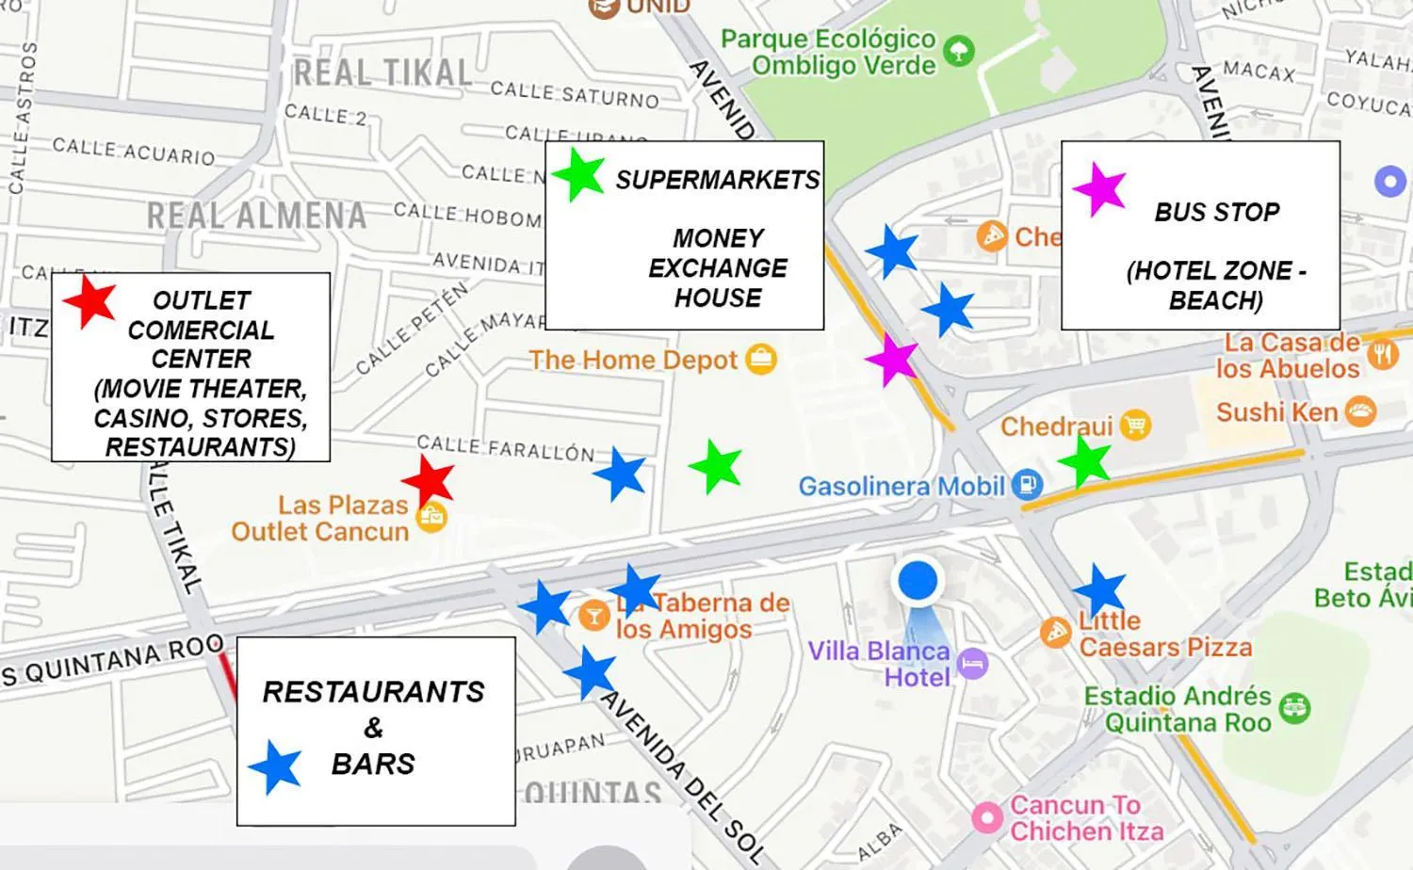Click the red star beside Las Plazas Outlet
[429, 480]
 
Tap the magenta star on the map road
[891, 358]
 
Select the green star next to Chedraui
[1086, 461]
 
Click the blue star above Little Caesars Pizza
[1099, 591]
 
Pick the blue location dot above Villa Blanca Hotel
[917, 581]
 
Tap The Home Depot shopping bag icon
[761, 360]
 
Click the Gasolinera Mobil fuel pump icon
[1027, 485]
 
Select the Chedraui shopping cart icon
[1136, 426]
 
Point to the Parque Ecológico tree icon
[959, 51]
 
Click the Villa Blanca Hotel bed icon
[972, 664]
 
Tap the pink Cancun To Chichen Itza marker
[986, 817]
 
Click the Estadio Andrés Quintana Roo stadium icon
[1295, 708]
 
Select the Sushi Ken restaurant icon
[1360, 411]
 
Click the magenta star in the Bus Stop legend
[1099, 189]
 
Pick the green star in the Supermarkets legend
[578, 174]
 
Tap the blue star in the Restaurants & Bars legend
[275, 766]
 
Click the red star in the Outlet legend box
[89, 301]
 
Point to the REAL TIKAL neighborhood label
[382, 73]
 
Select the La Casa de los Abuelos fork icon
[1382, 355]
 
